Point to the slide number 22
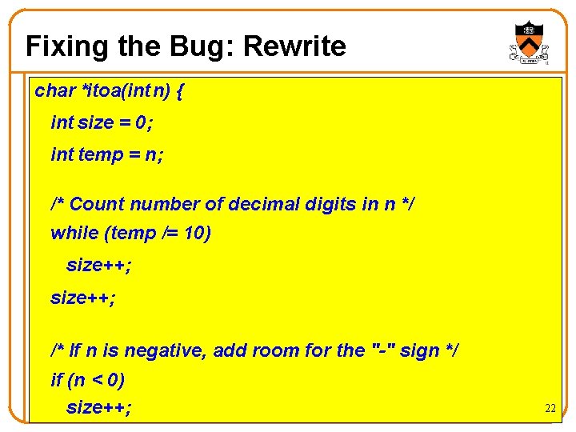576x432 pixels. coord(550,408)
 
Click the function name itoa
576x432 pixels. coord(103,90)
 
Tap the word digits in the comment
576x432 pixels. coord(330,204)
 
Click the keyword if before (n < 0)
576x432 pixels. coord(57,379)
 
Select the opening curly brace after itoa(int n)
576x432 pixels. coord(178,90)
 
